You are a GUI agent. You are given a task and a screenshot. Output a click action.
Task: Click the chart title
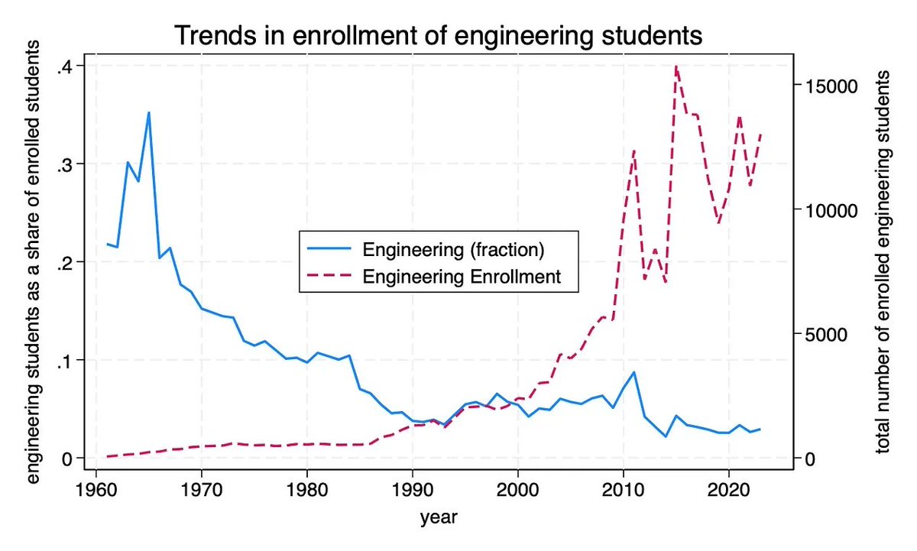(438, 36)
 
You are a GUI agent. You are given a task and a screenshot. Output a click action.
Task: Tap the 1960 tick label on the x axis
(96, 489)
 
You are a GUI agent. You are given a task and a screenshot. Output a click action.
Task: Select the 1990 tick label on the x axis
(413, 489)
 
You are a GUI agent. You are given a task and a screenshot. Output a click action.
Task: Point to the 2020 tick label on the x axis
(729, 489)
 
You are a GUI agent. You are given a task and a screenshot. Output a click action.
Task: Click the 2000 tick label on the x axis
(518, 489)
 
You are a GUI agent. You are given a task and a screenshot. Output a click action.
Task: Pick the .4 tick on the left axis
(65, 66)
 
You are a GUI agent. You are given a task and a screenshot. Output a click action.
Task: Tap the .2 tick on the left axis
(65, 262)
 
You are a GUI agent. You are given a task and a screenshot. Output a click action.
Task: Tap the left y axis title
(33, 262)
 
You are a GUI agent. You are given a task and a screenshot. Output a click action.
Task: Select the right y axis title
(884, 262)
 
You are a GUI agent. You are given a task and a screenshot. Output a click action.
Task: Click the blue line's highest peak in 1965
(149, 112)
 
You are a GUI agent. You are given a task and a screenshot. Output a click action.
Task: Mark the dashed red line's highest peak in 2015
(676, 66)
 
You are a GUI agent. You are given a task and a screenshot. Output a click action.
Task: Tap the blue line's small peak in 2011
(633, 372)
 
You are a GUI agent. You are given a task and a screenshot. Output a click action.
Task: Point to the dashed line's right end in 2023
(760, 135)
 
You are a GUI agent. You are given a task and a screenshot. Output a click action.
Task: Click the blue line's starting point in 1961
(107, 245)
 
